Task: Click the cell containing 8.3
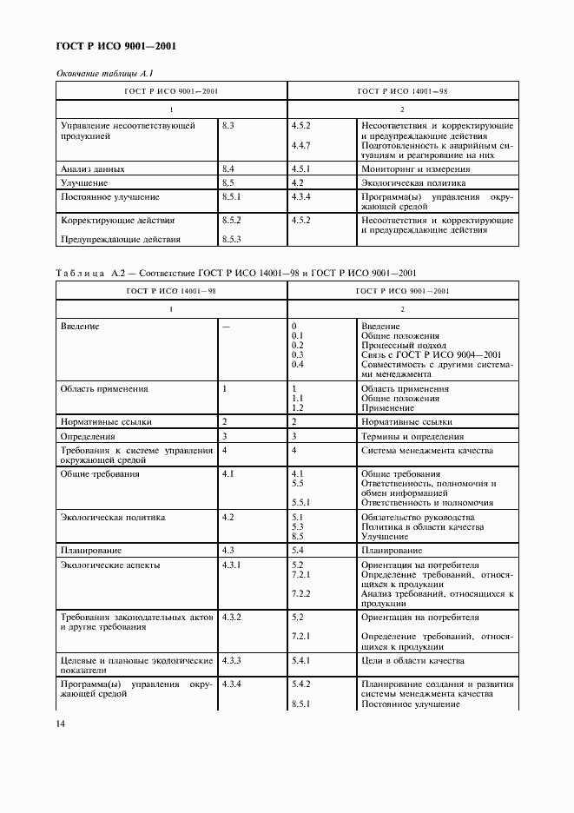tap(228, 126)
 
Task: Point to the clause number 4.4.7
tap(301, 144)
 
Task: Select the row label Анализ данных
tap(92, 169)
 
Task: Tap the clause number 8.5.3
tap(231, 239)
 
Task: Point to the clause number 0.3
tap(297, 354)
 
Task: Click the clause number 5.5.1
tap(301, 502)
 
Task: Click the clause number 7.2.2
tap(301, 593)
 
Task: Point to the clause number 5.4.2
tap(301, 684)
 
